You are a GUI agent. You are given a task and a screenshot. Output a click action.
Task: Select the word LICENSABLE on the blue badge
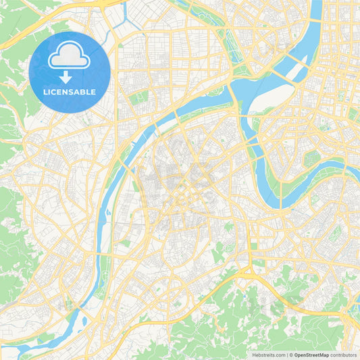pyautogui.click(x=69, y=92)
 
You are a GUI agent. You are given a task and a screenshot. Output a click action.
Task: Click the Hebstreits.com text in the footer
pyautogui.click(x=268, y=354)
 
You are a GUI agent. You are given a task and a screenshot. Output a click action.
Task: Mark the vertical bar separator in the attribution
pyautogui.click(x=287, y=354)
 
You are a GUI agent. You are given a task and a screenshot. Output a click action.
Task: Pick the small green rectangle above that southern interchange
pyautogui.click(x=253, y=246)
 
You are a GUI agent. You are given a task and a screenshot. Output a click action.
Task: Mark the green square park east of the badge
pyautogui.click(x=138, y=98)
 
